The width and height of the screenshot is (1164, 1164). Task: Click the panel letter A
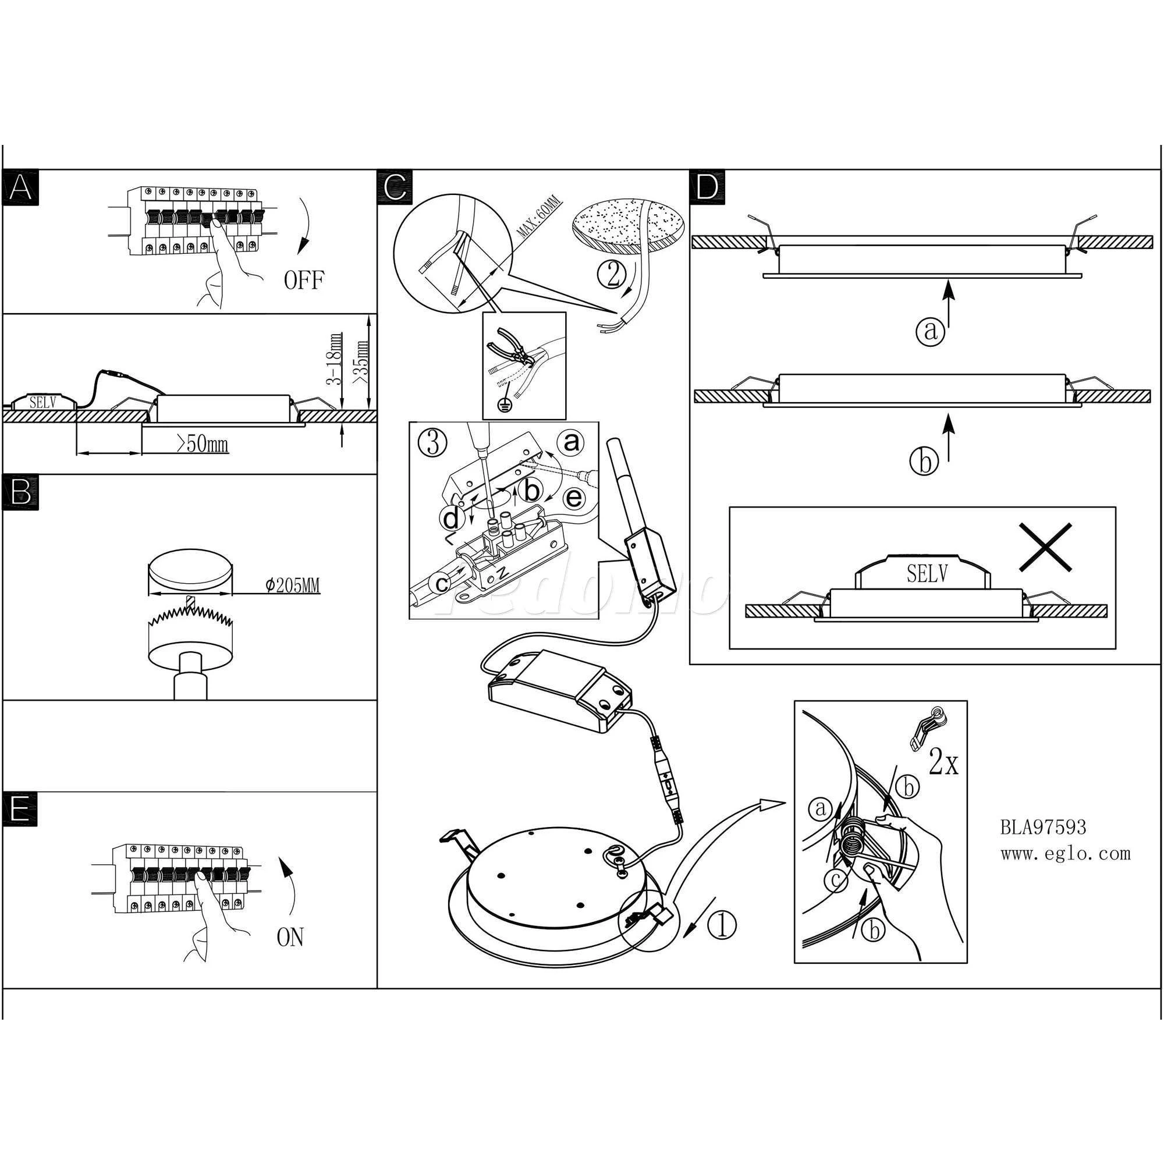pyautogui.click(x=20, y=188)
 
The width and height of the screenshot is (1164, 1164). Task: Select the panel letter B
pyautogui.click(x=20, y=492)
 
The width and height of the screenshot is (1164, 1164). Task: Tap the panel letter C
pyautogui.click(x=395, y=188)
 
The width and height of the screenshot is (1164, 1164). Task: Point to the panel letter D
pyautogui.click(x=707, y=188)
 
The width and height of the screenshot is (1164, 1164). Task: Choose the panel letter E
pyautogui.click(x=19, y=809)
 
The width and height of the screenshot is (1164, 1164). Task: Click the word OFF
pyautogui.click(x=304, y=280)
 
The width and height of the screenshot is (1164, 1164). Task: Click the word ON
pyautogui.click(x=290, y=938)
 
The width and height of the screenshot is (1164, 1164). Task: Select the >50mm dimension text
pyautogui.click(x=203, y=445)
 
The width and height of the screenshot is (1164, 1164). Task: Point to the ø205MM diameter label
pyautogui.click(x=292, y=585)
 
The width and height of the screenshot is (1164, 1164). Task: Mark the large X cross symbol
pyautogui.click(x=1045, y=547)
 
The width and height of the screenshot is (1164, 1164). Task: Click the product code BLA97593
pyautogui.click(x=1044, y=827)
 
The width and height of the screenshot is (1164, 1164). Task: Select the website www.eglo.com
pyautogui.click(x=1065, y=853)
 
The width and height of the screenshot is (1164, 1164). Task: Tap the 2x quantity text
pyautogui.click(x=943, y=764)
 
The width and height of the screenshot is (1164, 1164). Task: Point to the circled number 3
pyautogui.click(x=432, y=444)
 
